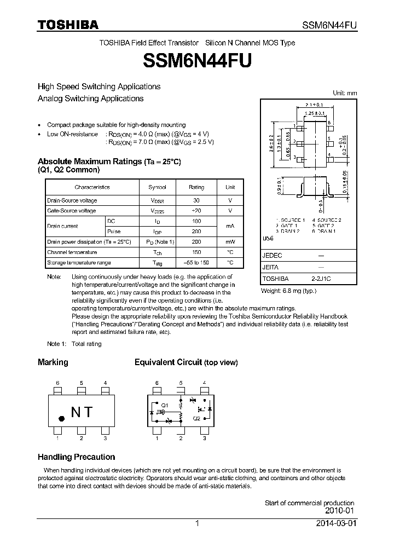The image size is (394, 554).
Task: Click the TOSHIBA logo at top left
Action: (68, 25)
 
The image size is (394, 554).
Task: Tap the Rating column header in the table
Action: (196, 187)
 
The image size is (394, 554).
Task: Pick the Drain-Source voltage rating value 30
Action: (196, 200)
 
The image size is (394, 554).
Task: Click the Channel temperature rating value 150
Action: (196, 252)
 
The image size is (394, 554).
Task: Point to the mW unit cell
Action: (230, 241)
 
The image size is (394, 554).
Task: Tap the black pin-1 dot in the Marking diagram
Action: (62, 418)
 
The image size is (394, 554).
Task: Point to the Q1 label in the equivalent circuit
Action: (164, 406)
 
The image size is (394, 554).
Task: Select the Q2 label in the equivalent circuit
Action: (196, 417)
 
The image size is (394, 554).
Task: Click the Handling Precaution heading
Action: (76, 457)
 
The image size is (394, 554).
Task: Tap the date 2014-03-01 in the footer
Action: (335, 523)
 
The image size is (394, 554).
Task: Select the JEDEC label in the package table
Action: (272, 256)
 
